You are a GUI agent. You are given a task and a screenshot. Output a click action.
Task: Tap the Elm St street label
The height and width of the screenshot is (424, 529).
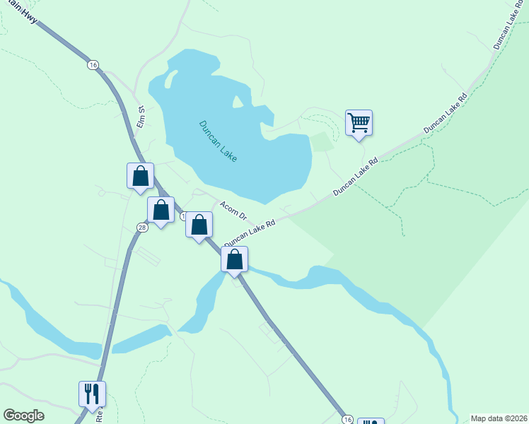pyautogui.click(x=140, y=117)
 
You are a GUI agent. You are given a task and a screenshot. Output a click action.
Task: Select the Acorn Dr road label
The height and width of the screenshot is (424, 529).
pyautogui.click(x=233, y=211)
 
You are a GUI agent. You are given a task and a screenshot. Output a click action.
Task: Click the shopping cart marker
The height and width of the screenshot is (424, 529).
pyautogui.click(x=359, y=123)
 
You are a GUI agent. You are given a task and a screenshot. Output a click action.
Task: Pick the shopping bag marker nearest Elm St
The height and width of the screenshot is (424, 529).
pyautogui.click(x=140, y=176)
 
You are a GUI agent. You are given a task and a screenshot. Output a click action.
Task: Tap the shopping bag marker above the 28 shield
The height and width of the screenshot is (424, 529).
pyautogui.click(x=161, y=210)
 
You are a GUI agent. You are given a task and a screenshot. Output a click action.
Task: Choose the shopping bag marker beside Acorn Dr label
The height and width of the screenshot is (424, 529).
pyautogui.click(x=199, y=225)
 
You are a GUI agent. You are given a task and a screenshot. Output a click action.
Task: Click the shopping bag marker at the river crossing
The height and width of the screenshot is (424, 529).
pyautogui.click(x=235, y=259)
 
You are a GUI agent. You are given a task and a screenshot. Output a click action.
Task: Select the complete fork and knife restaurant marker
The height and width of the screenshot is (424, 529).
pyautogui.click(x=92, y=393)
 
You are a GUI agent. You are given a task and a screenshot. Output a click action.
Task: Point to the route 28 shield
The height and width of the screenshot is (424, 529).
pyautogui.click(x=142, y=227)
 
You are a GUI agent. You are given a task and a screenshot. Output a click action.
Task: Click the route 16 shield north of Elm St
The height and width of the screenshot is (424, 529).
pyautogui.click(x=93, y=64)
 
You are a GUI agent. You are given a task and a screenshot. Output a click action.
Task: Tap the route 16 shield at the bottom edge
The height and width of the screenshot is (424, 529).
pyautogui.click(x=347, y=419)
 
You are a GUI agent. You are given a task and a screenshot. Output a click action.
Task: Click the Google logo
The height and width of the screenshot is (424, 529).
pyautogui.click(x=23, y=416)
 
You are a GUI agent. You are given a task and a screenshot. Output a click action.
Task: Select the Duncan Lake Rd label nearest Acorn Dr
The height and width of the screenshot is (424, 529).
pyautogui.click(x=249, y=232)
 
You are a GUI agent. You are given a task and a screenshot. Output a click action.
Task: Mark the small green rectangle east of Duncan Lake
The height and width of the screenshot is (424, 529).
pyautogui.click(x=322, y=141)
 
